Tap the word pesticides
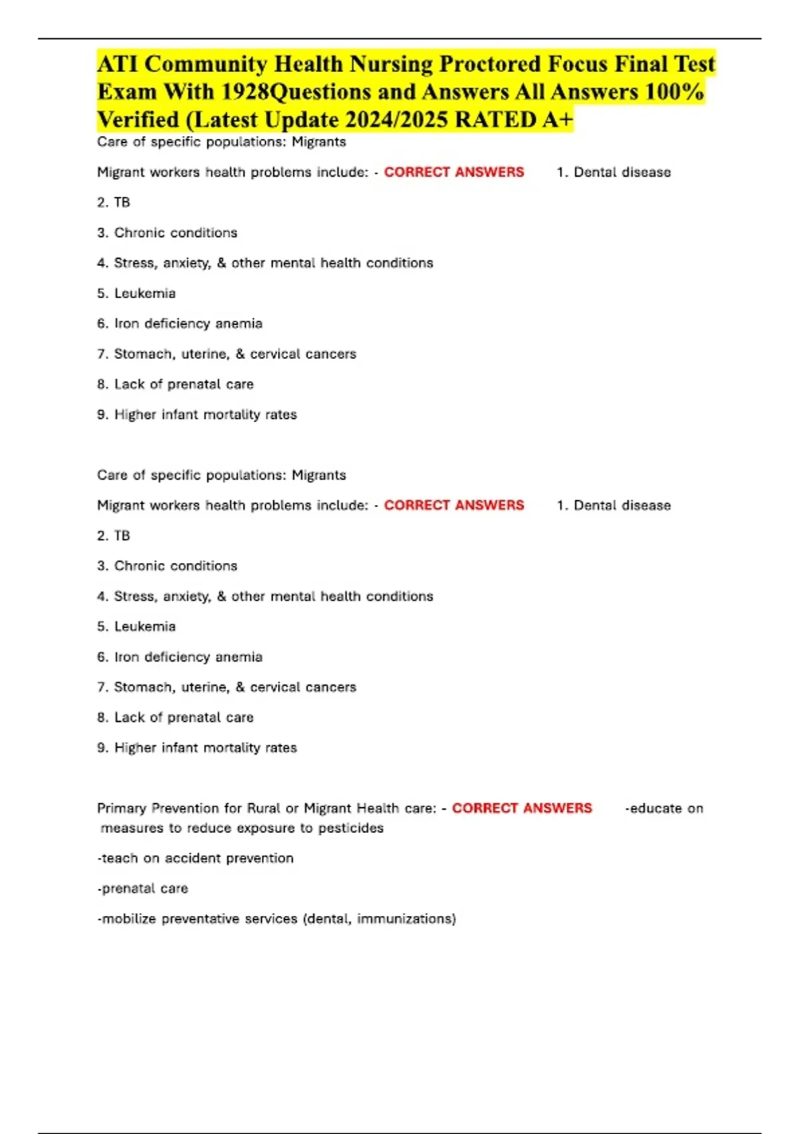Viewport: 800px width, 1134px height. [x=351, y=828]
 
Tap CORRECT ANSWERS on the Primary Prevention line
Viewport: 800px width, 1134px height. [x=522, y=808]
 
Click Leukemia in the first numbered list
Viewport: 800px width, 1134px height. [x=145, y=294]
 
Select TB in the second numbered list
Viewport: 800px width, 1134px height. [x=122, y=536]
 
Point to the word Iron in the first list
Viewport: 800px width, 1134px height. [x=126, y=324]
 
